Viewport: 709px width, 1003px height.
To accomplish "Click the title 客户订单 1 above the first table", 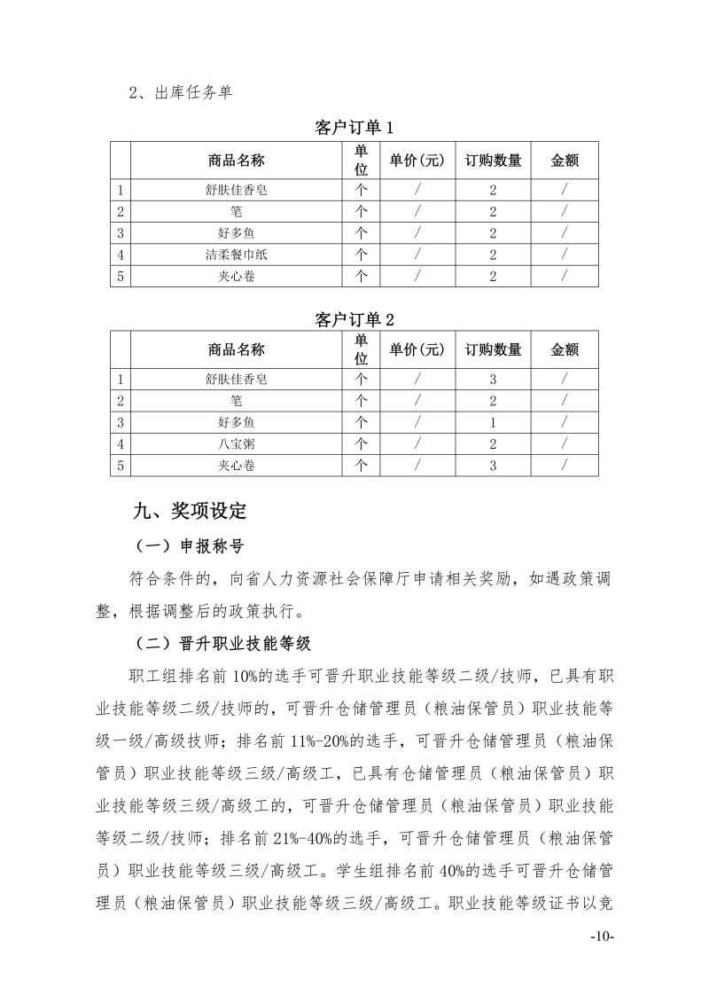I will tap(354, 128).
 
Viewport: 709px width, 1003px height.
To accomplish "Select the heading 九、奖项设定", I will tap(189, 511).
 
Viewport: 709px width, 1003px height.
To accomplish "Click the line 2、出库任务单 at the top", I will tap(180, 92).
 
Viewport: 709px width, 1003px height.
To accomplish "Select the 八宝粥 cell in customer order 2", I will tap(236, 443).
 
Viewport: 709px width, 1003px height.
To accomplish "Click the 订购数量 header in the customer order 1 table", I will tap(493, 161).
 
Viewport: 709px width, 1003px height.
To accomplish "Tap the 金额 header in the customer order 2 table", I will tap(565, 349).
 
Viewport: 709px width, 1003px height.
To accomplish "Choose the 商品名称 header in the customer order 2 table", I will tap(236, 349).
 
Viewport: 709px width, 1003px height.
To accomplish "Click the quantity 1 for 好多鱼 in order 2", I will tap(493, 422).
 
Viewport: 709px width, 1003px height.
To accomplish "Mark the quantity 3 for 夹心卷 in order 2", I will tap(493, 465).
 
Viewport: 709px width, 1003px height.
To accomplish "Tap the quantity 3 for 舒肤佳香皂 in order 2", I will tap(493, 380).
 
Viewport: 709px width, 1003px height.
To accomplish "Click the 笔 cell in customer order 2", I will tap(236, 401).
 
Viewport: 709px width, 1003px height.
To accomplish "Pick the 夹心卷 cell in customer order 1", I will tap(236, 276).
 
